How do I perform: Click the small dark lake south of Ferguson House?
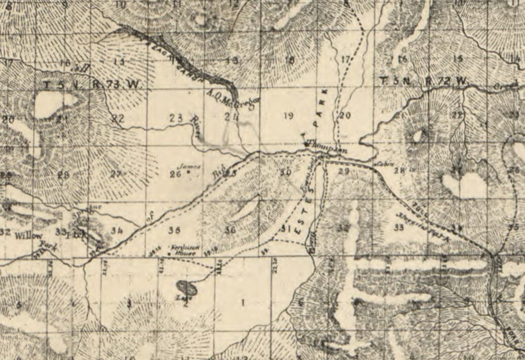pyautogui.click(x=186, y=289)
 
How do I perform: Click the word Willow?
pyautogui.click(x=29, y=236)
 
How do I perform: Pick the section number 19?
pyautogui.click(x=288, y=116)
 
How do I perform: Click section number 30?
pyautogui.click(x=285, y=173)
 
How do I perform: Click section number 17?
pyautogui.click(x=345, y=60)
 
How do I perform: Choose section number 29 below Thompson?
pyautogui.click(x=343, y=171)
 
